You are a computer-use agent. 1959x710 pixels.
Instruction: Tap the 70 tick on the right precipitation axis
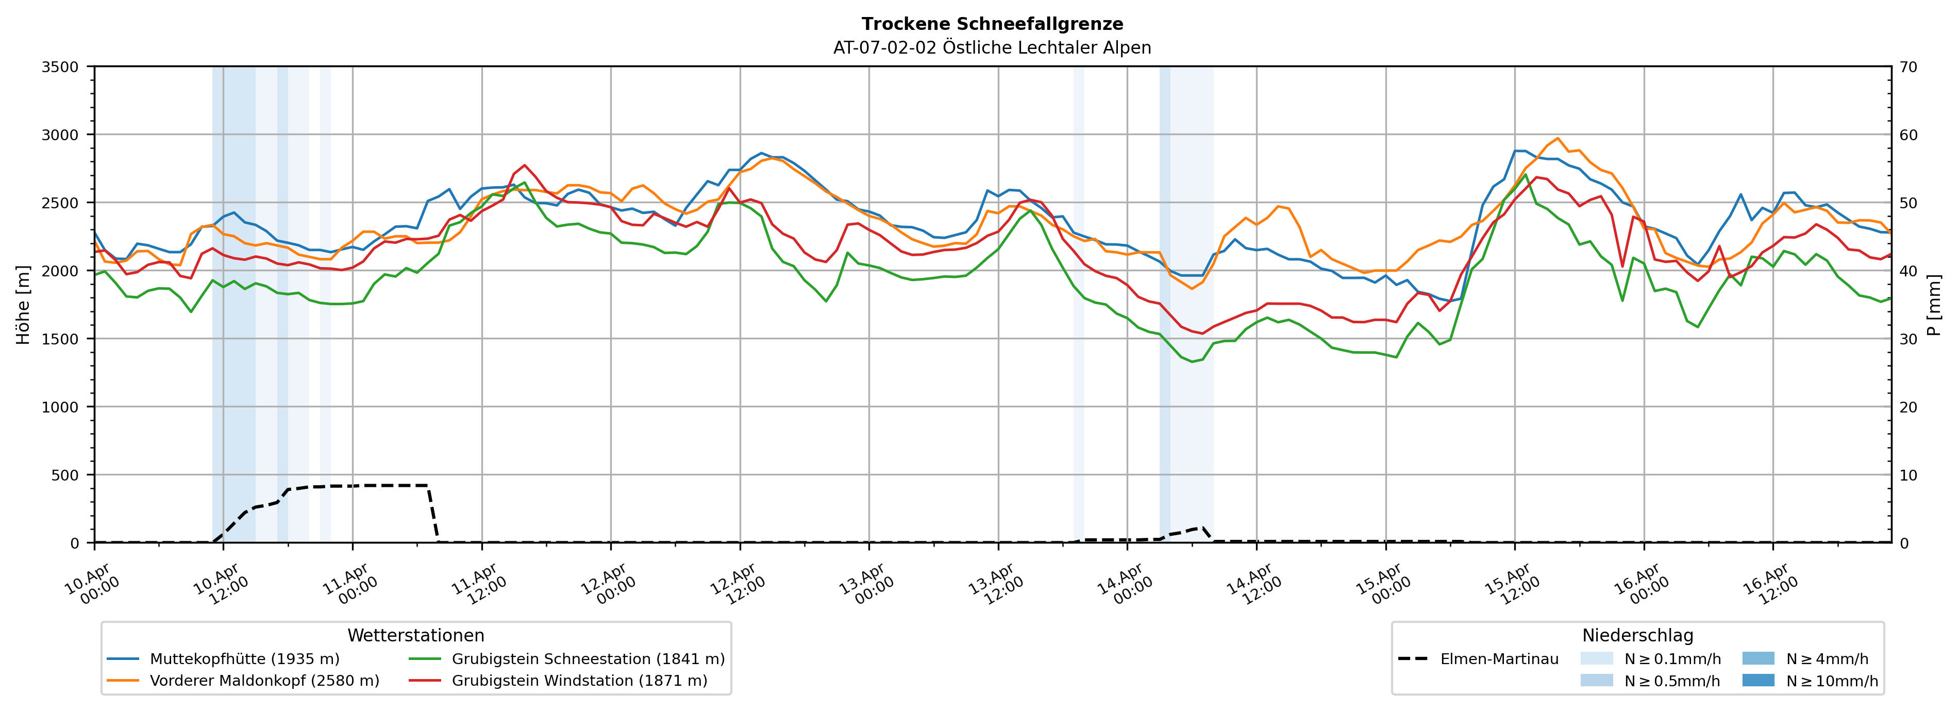click(1908, 67)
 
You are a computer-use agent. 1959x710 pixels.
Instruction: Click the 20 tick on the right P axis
click(1908, 407)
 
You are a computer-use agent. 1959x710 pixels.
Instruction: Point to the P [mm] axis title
click(1934, 304)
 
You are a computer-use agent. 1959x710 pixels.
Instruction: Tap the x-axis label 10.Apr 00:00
click(91, 584)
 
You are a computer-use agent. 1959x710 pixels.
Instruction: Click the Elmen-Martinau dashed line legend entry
click(1499, 659)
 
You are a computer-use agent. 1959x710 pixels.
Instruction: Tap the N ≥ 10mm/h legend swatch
click(1758, 680)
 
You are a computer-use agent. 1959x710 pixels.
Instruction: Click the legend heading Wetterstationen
click(415, 635)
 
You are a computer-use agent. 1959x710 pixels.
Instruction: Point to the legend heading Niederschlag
click(1637, 635)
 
